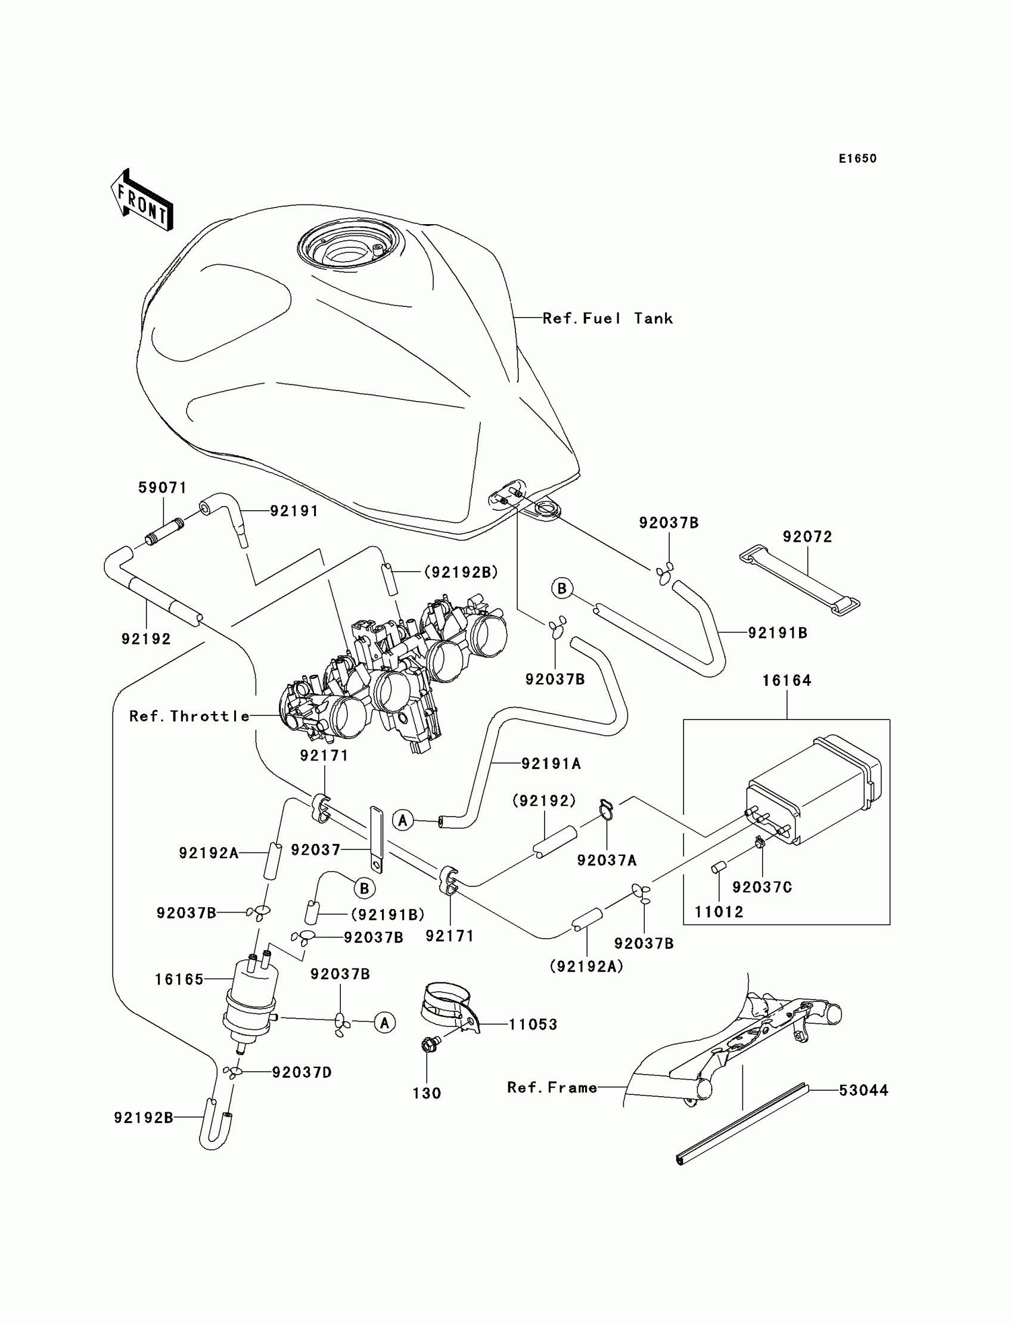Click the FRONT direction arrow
[x=142, y=200]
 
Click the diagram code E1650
[x=857, y=159]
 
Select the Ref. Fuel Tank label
[x=607, y=318]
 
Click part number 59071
[x=162, y=488]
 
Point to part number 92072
[x=807, y=537]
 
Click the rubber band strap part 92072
[x=800, y=580]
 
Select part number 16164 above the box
[x=787, y=680]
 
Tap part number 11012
[x=719, y=912]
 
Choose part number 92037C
[x=762, y=887]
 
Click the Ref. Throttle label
[x=189, y=716]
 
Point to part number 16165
[x=179, y=979]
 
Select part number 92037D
[x=302, y=1072]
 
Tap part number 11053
[x=533, y=1024]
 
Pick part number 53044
[x=863, y=1090]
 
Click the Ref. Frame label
[x=552, y=1087]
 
